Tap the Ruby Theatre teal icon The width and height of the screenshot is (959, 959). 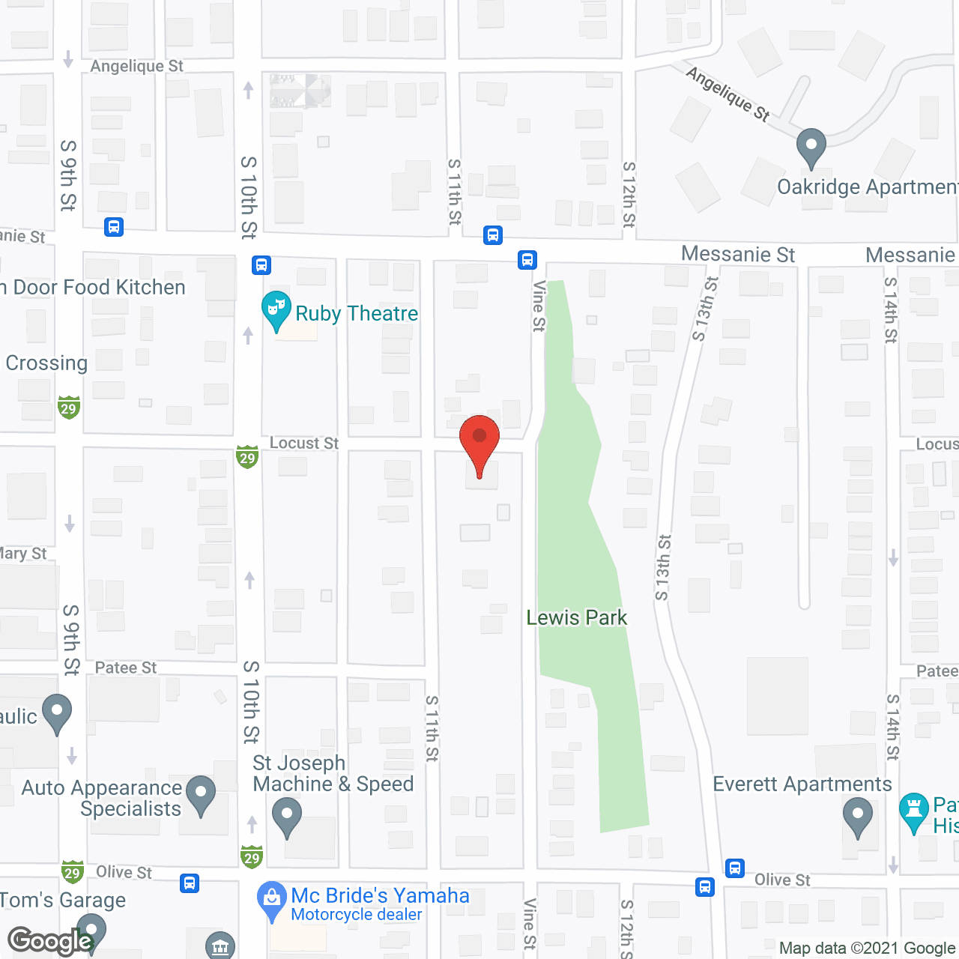pos(276,310)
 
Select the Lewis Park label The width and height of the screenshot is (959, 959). pos(576,618)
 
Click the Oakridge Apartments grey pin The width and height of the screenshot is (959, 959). pos(811,148)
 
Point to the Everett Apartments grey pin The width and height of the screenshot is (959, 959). pos(858,817)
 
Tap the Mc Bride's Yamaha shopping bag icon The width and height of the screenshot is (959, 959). pos(271,899)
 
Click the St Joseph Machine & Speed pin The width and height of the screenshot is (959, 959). pos(286,817)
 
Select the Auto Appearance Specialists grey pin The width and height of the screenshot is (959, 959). pos(200,796)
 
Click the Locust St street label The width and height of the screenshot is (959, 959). pos(304,444)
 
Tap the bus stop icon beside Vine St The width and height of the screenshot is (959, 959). pos(527,260)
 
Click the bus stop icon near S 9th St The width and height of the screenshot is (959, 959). pos(114,227)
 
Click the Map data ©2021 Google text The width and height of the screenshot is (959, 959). pos(868,949)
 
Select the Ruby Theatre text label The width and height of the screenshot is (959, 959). pos(357,313)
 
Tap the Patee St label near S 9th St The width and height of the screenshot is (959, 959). pos(126,668)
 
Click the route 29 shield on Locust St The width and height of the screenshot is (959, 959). pos(247,456)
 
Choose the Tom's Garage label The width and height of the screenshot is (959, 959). pos(63,901)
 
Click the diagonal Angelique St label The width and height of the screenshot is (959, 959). pos(727,94)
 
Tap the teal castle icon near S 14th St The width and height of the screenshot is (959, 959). pos(913,812)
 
